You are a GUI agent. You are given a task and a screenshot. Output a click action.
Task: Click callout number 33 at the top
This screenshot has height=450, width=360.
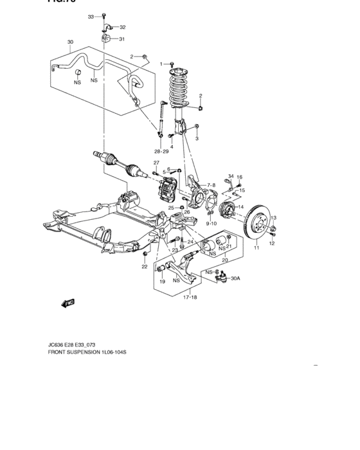[91, 16]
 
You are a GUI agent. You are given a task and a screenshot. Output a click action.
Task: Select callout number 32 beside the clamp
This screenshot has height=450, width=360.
[122, 27]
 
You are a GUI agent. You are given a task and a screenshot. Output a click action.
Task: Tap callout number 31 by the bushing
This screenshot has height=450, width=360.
[122, 39]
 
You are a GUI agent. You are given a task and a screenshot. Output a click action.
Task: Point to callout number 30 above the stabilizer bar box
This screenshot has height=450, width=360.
[71, 43]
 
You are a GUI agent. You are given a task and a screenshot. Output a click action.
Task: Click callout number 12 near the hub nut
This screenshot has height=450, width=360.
[272, 244]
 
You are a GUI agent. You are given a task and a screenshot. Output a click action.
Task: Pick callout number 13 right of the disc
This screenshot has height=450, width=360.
[273, 219]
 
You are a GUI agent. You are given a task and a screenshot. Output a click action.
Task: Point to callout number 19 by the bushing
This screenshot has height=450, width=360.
[163, 282]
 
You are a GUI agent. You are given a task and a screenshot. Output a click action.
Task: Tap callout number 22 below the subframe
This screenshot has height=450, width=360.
[145, 267]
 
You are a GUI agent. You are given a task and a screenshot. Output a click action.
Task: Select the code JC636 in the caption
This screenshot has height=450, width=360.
[57, 345]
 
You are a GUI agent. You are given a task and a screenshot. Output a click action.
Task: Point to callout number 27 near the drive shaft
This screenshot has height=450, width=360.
[156, 163]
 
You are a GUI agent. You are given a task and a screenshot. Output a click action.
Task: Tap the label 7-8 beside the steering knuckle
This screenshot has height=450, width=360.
[212, 185]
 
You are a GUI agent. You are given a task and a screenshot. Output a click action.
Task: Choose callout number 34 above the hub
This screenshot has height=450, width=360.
[231, 176]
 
